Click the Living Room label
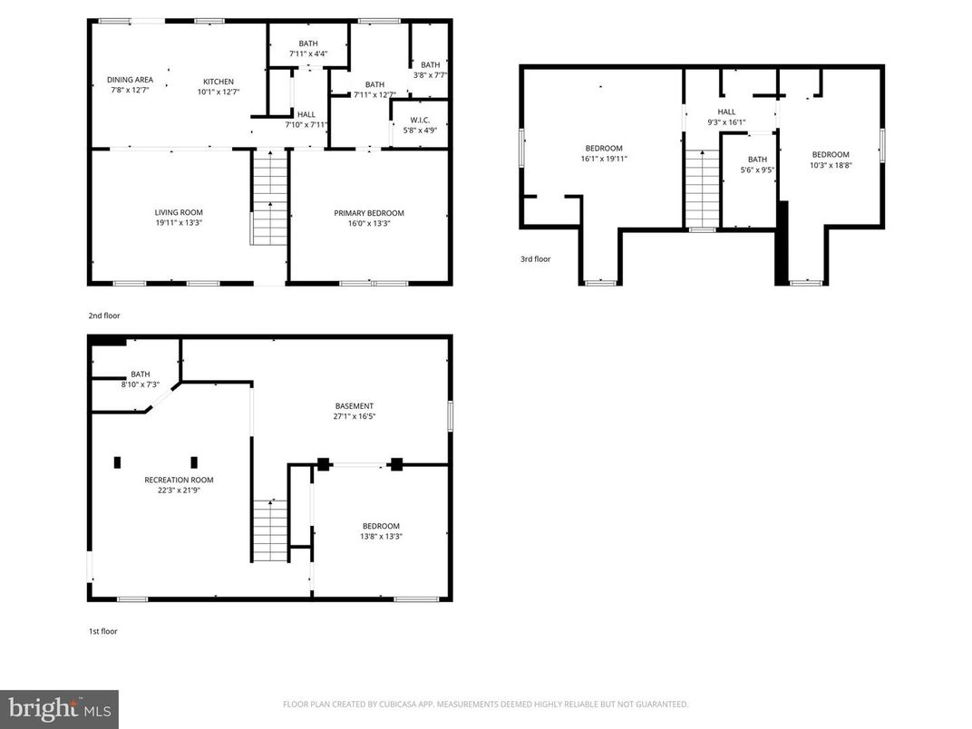[x=178, y=212]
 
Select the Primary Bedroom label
[x=369, y=213]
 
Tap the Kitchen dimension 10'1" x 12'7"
[x=218, y=92]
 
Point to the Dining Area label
[x=130, y=80]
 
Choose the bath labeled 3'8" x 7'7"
[x=430, y=65]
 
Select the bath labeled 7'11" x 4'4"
[x=308, y=44]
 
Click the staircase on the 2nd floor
[x=269, y=199]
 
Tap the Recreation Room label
[x=179, y=480]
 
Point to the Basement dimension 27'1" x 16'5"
[x=354, y=417]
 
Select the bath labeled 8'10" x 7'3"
[x=140, y=374]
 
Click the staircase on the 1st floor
[x=270, y=530]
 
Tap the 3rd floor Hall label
[x=726, y=112]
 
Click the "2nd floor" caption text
[x=103, y=316]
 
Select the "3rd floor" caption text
[x=535, y=259]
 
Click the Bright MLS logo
[x=59, y=708]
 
